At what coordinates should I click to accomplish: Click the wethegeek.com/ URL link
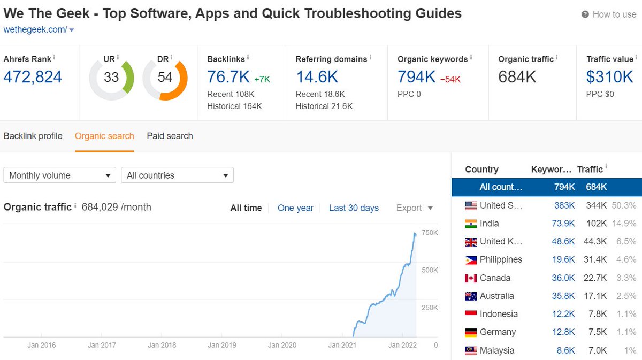point(35,30)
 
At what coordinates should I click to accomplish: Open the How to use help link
point(614,14)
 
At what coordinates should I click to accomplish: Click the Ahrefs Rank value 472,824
point(33,77)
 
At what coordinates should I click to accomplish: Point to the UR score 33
point(111,78)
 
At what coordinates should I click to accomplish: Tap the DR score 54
point(165,78)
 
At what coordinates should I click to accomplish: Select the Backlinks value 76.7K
point(228,77)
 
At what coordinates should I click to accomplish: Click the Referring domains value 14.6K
point(317,77)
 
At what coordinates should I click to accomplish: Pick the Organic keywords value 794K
point(416,77)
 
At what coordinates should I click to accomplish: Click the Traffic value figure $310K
point(609,77)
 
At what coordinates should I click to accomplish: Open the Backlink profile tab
point(33,136)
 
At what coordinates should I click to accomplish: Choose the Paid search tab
point(170,136)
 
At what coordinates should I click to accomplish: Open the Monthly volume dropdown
point(59,175)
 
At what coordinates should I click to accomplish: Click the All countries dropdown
point(177,175)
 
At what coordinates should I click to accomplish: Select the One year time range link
point(295,208)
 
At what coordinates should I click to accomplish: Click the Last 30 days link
point(354,208)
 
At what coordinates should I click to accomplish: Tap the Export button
point(414,208)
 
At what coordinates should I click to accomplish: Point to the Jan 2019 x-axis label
point(221,346)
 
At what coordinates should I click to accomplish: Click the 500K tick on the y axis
point(430,270)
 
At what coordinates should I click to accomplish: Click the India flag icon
point(471,224)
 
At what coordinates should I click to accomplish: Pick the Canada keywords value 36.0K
point(563,278)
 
